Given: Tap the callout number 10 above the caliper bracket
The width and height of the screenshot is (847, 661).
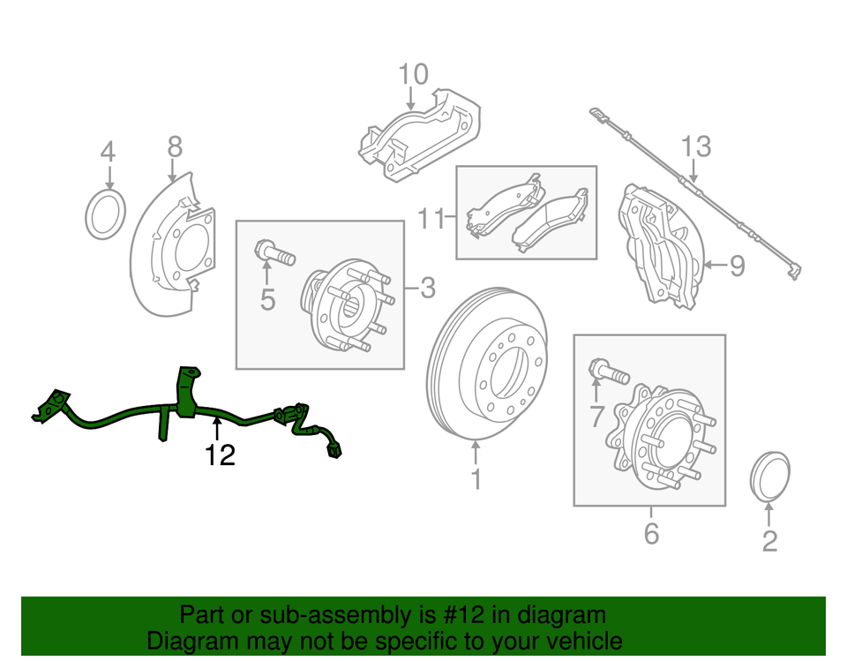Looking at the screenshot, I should coord(412,74).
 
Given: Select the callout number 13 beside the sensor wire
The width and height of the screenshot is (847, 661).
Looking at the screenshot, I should coord(695,146).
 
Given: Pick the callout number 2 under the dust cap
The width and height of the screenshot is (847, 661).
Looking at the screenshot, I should coord(768,540).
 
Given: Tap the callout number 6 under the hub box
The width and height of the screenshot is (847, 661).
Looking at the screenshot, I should coord(651,534).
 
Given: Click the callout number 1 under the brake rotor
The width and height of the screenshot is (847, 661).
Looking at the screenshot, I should coord(476,481).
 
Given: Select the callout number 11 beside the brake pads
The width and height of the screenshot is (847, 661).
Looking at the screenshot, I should coord(432,218).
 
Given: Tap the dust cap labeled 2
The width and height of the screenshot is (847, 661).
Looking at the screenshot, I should coord(768,477).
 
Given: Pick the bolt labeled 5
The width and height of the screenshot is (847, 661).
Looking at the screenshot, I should coord(273,252).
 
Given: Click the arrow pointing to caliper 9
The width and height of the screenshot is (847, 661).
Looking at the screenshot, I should coord(716,264).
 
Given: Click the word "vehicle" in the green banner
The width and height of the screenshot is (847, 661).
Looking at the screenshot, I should coord(578,641).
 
